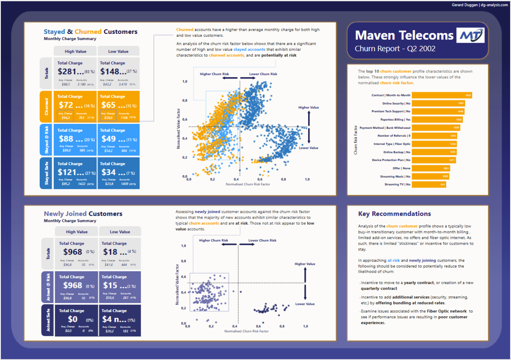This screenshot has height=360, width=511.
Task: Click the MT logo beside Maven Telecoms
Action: coord(470,35)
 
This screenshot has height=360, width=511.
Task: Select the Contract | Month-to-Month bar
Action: coord(441,95)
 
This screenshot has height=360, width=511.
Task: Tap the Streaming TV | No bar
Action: coord(429,185)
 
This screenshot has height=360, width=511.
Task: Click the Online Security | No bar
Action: coord(438,103)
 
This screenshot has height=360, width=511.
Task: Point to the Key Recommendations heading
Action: coord(394,214)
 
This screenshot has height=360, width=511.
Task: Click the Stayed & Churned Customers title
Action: coord(91,32)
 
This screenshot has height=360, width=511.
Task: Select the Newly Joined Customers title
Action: coord(83,214)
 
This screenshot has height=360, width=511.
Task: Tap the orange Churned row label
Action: coord(46,107)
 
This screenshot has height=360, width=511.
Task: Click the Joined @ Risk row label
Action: coord(48,288)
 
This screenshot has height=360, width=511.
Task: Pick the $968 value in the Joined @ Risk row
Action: coord(73,286)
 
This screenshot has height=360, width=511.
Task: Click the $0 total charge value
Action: coord(73,319)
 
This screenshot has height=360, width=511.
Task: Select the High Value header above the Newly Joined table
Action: coord(77,232)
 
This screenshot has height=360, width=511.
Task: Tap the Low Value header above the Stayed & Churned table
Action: coord(118,52)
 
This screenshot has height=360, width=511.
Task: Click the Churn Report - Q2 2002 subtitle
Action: coord(395,49)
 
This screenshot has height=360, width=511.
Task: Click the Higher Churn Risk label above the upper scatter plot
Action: coord(214,74)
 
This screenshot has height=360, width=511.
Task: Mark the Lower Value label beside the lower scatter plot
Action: coord(305,304)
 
